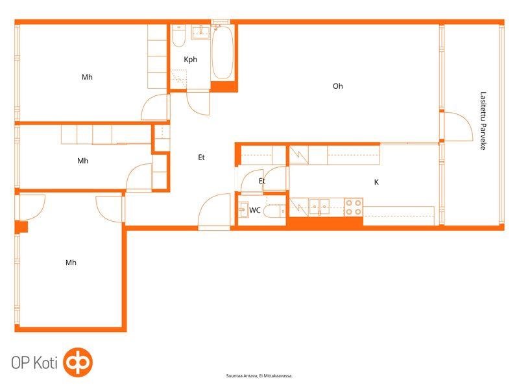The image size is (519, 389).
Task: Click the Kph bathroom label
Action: pyautogui.click(x=190, y=60)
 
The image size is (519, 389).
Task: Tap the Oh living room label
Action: pyautogui.click(x=337, y=86)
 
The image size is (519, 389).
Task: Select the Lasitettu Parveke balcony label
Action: pyautogui.click(x=483, y=121)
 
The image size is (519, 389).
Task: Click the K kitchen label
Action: pyautogui.click(x=376, y=182)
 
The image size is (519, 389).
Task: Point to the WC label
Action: pyautogui.click(x=254, y=210)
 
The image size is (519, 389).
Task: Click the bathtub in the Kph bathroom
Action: pyautogui.click(x=223, y=53)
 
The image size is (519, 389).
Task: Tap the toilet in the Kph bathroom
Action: pyautogui.click(x=179, y=36)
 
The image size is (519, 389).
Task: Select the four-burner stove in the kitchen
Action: pyautogui.click(x=354, y=207)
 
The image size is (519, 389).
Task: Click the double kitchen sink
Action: pyautogui.click(x=319, y=207)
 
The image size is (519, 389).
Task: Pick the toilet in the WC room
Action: pyautogui.click(x=274, y=211)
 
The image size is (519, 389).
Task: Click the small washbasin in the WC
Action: pyautogui.click(x=244, y=209)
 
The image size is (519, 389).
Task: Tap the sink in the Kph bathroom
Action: pyautogui.click(x=201, y=32)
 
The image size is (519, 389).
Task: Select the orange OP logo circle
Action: pyautogui.click(x=78, y=362)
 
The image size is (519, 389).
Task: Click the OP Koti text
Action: pyautogui.click(x=34, y=362)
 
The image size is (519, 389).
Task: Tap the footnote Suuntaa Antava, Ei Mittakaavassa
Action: pyautogui.click(x=259, y=376)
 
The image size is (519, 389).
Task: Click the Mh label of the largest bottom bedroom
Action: pyautogui.click(x=71, y=263)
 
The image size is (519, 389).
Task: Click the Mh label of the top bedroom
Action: pyautogui.click(x=87, y=77)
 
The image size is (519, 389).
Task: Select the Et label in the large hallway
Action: pyautogui.click(x=201, y=158)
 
